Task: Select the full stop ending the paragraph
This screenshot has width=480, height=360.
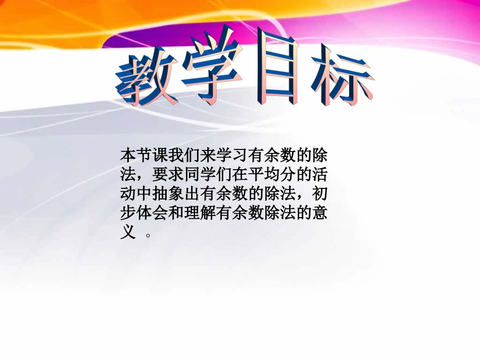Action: click(x=148, y=236)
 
